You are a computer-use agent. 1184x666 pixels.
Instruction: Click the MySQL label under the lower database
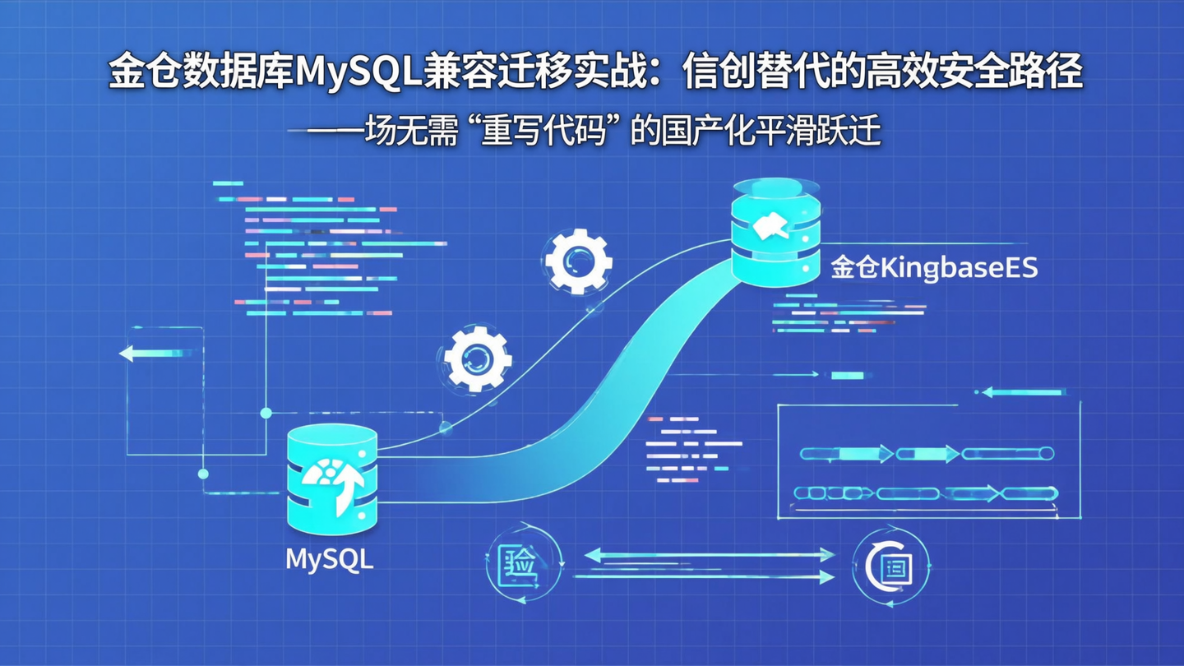(x=329, y=559)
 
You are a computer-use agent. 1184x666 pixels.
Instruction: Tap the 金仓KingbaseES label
(x=934, y=268)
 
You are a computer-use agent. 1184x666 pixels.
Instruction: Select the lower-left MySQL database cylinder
(x=332, y=481)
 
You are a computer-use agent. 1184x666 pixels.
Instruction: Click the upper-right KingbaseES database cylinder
(x=775, y=234)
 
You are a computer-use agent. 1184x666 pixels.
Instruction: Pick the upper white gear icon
(x=578, y=261)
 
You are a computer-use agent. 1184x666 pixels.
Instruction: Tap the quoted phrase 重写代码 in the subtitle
(x=543, y=132)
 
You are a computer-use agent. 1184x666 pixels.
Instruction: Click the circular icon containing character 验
(x=524, y=565)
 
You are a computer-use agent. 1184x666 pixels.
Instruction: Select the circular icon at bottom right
(x=891, y=567)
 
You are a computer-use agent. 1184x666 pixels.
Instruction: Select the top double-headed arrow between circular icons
(x=708, y=556)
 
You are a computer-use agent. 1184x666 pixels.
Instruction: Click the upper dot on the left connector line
(x=266, y=412)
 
